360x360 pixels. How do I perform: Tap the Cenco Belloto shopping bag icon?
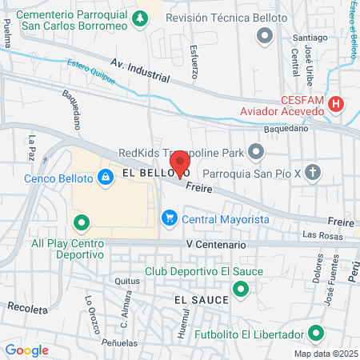pyautogui.click(x=105, y=178)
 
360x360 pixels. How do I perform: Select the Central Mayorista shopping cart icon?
pyautogui.click(x=169, y=218)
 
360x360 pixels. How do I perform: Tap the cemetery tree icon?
pyautogui.click(x=141, y=18)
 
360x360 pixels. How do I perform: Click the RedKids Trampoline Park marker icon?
pyautogui.click(x=256, y=150)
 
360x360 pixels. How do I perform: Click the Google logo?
pyautogui.click(x=26, y=350)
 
